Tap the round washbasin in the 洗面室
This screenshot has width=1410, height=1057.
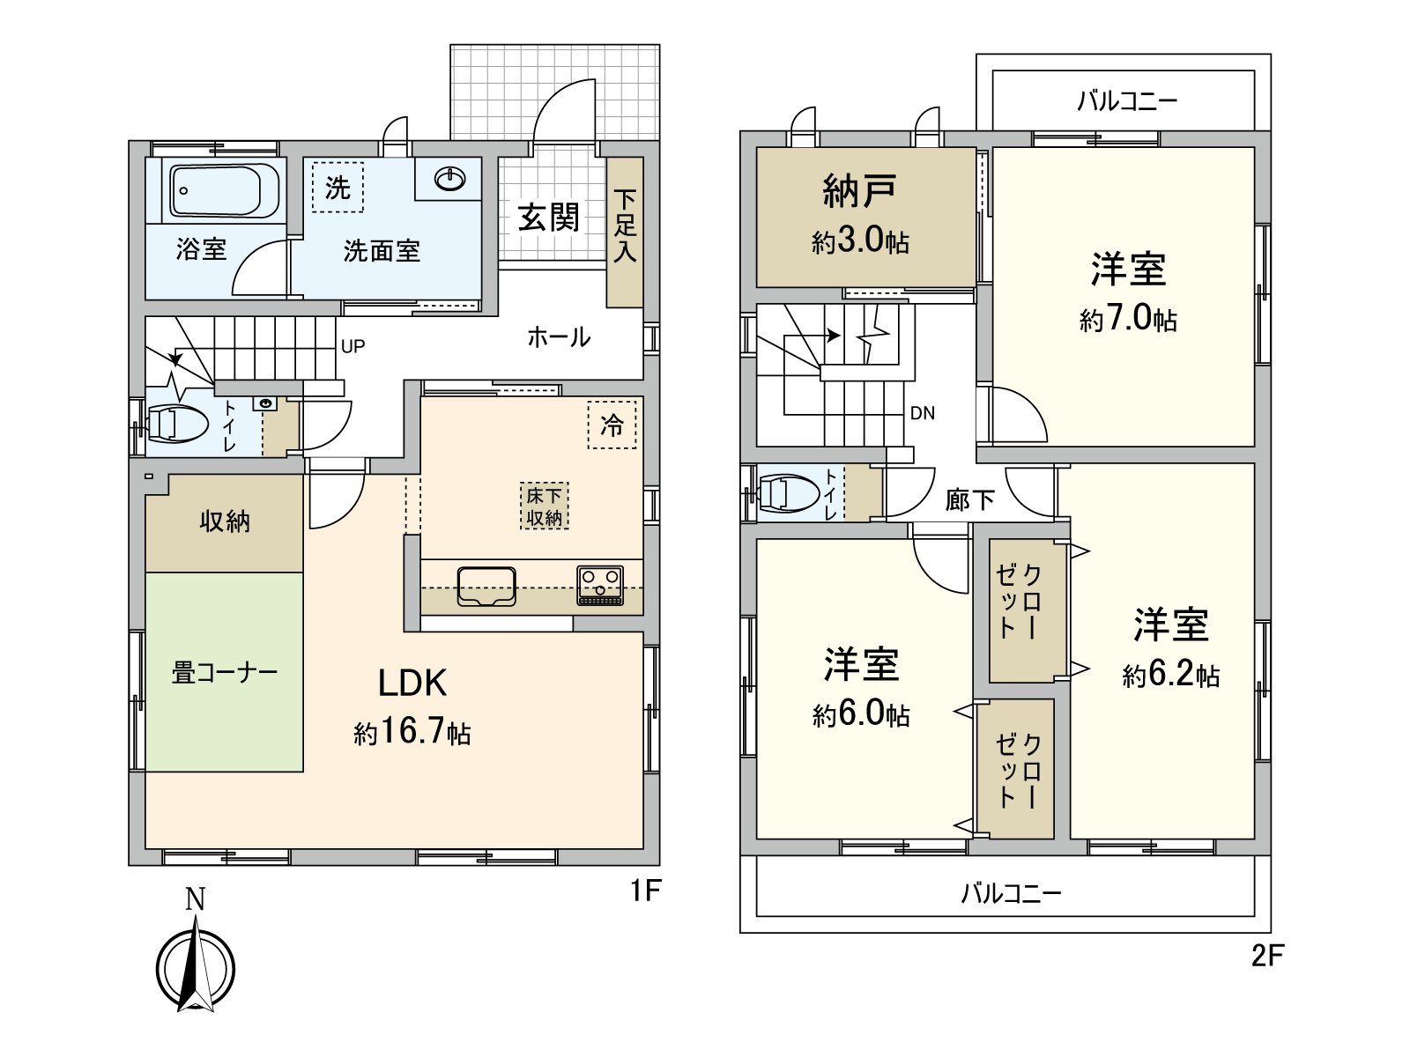click(x=450, y=180)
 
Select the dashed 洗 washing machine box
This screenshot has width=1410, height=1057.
click(x=338, y=187)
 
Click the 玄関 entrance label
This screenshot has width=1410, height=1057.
click(x=548, y=217)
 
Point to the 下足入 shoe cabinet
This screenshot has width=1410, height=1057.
click(x=625, y=232)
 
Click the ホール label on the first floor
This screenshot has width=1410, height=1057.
click(x=559, y=336)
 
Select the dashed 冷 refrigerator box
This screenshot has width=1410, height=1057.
click(x=612, y=425)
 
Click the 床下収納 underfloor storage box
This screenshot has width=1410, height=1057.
click(x=544, y=506)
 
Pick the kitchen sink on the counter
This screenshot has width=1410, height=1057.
click(x=486, y=586)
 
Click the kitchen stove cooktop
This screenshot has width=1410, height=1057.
click(x=599, y=585)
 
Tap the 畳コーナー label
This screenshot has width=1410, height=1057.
click(x=224, y=673)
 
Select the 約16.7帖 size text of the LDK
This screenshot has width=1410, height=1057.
click(x=412, y=732)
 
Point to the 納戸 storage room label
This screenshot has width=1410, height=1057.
click(x=859, y=190)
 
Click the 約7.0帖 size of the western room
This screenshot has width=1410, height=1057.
click(x=1128, y=319)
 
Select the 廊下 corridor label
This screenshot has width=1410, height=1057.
click(x=969, y=500)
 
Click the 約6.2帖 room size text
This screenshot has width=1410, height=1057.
click(x=1170, y=675)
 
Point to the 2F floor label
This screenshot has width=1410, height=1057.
click(x=1267, y=956)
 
